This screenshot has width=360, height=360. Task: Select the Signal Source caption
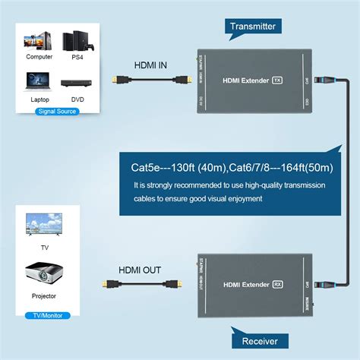56,112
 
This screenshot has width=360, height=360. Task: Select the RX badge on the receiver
277,283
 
